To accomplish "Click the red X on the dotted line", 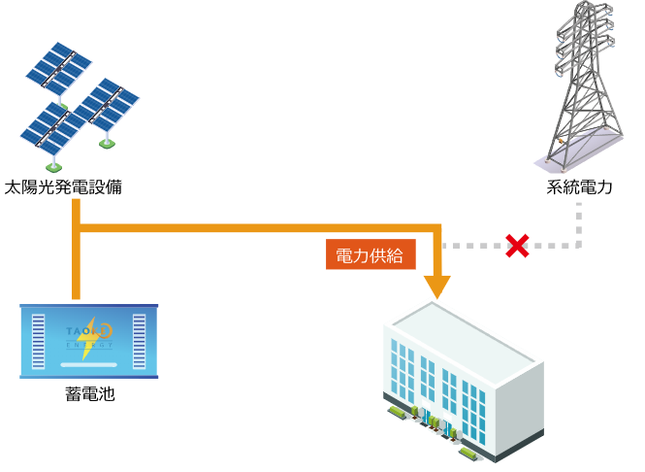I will (x=517, y=246).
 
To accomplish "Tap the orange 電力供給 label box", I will (x=370, y=255).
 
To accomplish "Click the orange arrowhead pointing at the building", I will (x=438, y=287).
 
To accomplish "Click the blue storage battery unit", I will (x=89, y=341).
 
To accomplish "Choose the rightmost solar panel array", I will (x=109, y=106).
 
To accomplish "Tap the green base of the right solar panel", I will (x=106, y=143).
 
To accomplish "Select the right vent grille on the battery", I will (x=140, y=340).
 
